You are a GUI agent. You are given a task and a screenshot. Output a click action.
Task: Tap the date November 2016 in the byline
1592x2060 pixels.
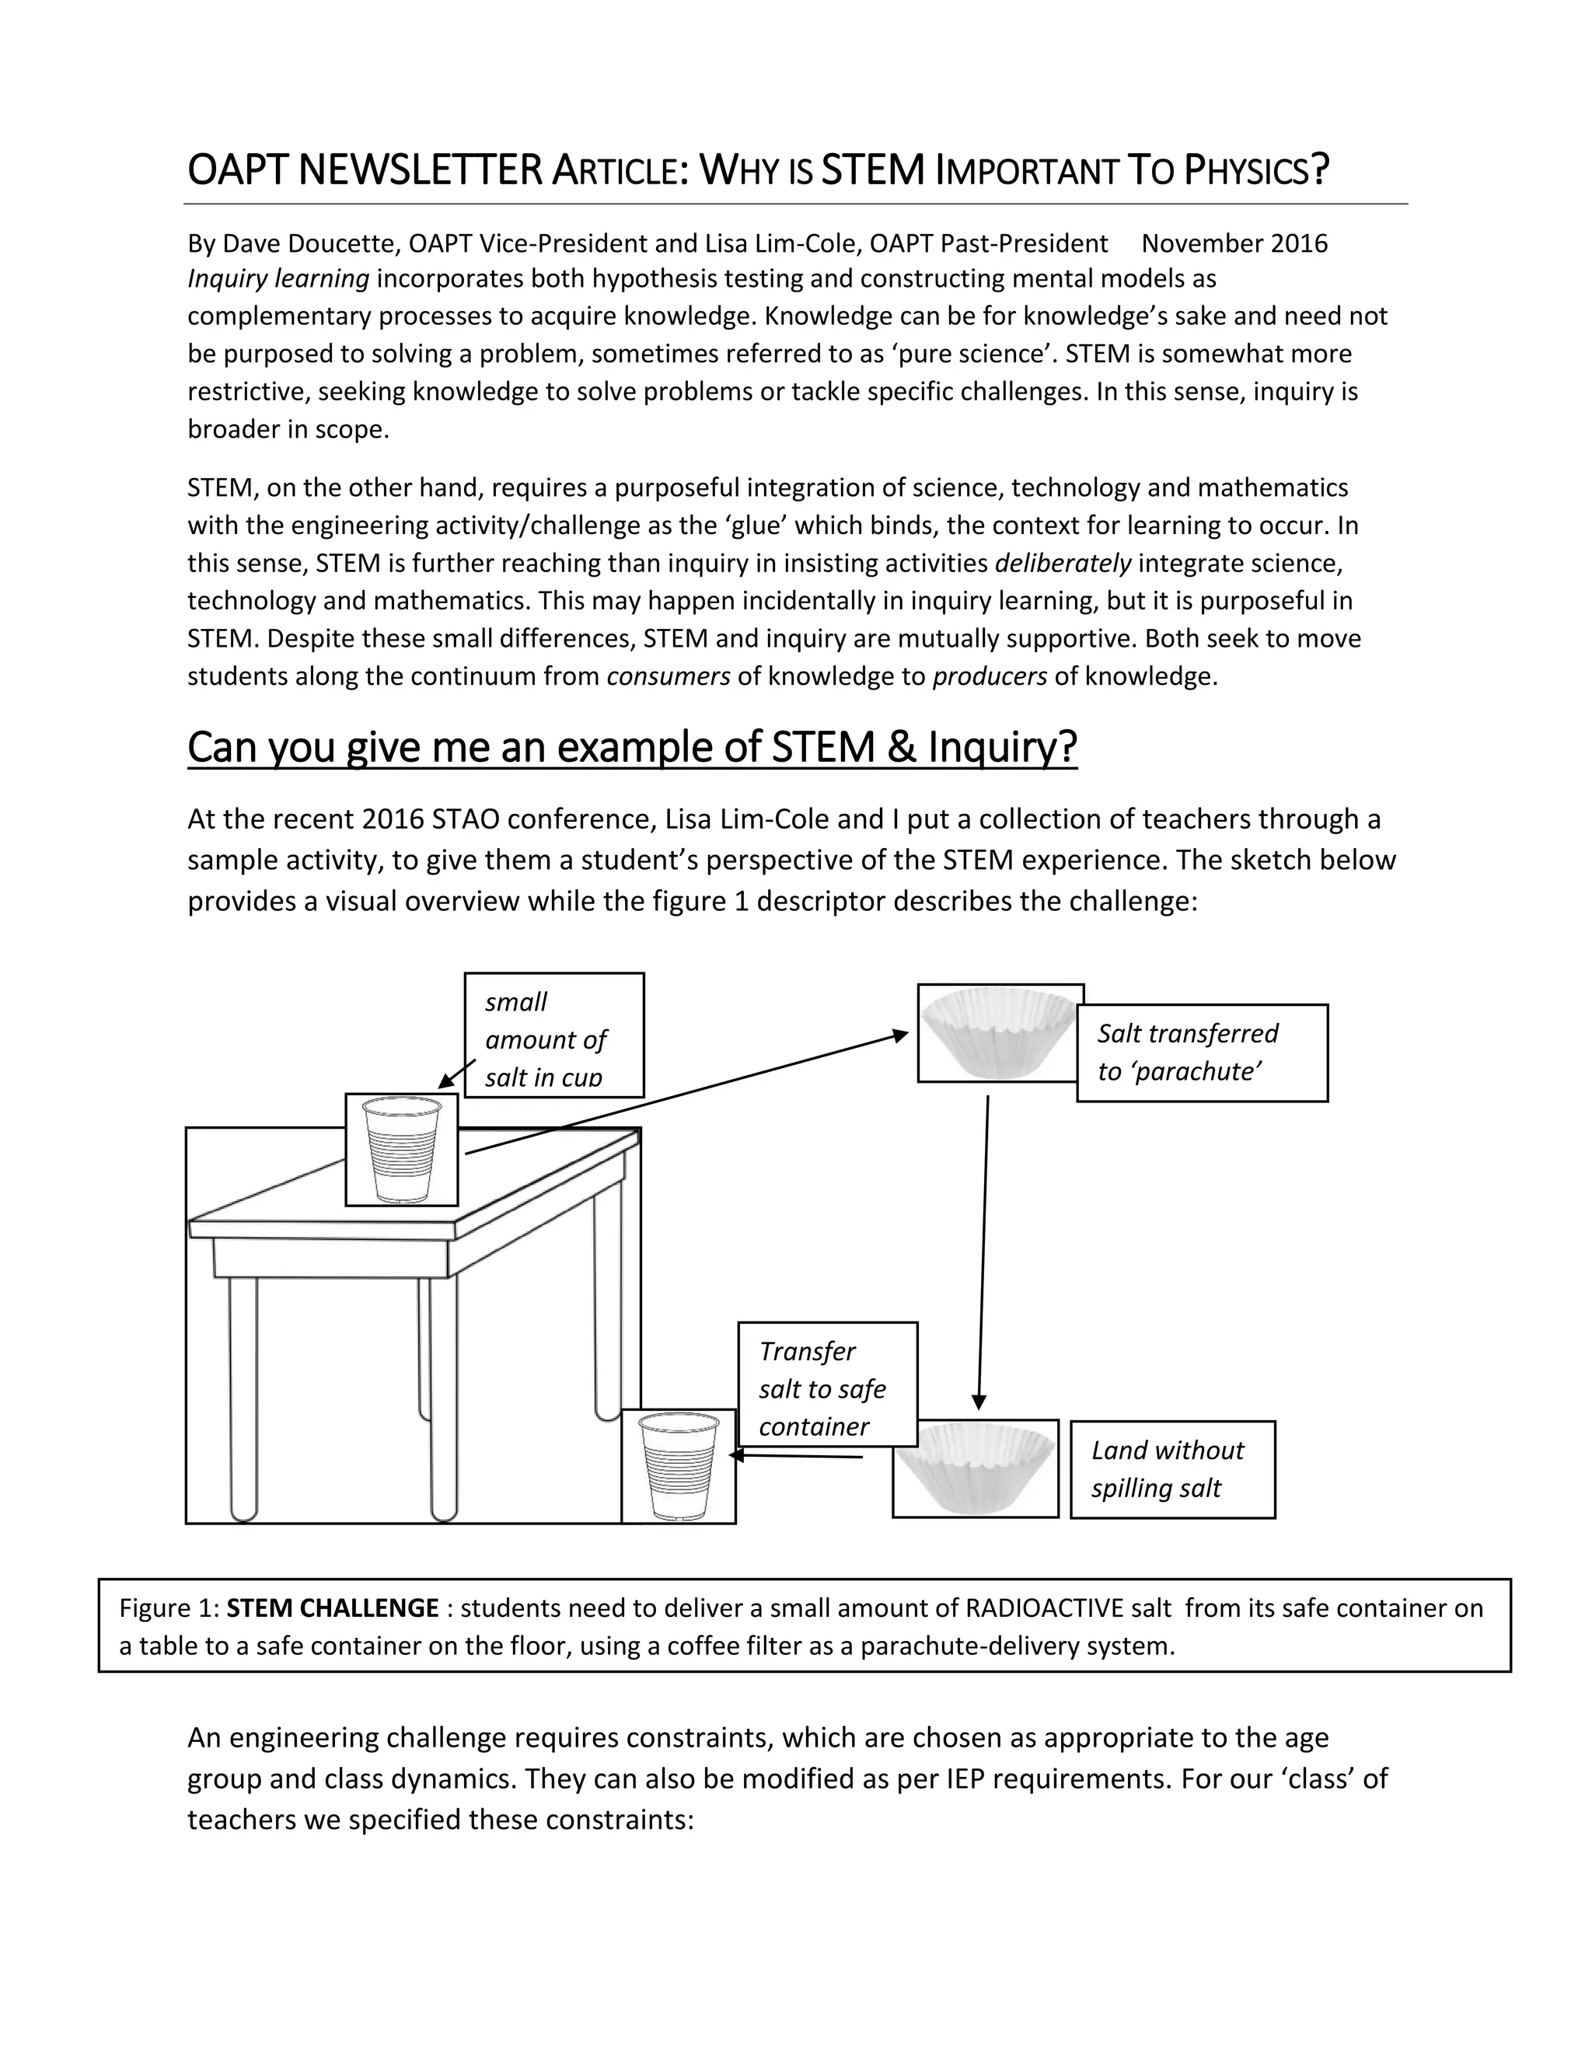coord(1234,243)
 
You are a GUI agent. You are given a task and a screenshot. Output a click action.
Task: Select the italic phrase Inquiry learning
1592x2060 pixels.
coord(278,279)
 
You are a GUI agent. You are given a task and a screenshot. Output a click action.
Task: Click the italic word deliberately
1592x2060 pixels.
coord(1063,564)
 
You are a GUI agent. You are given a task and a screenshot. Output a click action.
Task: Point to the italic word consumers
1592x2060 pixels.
coord(668,676)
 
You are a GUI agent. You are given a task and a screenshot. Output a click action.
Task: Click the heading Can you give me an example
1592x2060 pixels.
coord(632,747)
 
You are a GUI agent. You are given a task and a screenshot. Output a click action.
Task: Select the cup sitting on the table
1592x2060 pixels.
coord(402,1150)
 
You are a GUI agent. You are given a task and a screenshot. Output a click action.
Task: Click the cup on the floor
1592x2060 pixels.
coord(678,1466)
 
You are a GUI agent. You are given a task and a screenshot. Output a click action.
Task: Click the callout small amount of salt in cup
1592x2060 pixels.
coord(553,1036)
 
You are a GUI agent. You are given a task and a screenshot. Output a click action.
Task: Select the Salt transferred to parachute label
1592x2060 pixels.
coord(1202,1053)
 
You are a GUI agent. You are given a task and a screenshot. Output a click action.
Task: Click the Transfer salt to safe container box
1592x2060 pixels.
coord(827,1388)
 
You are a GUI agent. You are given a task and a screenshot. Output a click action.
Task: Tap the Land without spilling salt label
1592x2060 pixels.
coord(1171,1468)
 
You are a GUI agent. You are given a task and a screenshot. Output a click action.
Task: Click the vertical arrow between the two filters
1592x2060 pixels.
coord(983,1255)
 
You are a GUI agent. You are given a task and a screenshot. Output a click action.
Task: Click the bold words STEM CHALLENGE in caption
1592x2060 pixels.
coord(333,1608)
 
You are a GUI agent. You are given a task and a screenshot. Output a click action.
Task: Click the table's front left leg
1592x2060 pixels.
coord(243,1396)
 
